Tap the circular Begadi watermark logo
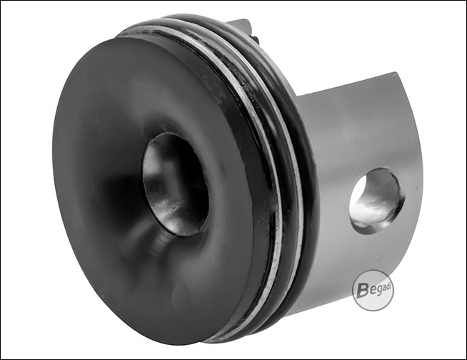(x=373, y=290)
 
